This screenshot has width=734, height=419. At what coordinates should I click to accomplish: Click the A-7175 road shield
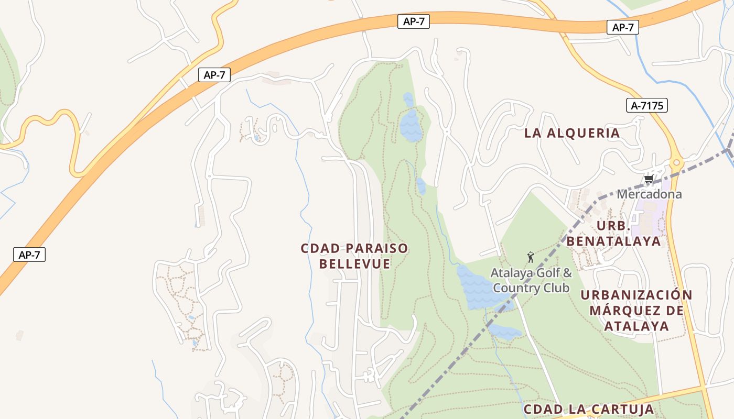point(647,106)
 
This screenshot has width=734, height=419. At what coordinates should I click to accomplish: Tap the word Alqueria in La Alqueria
point(584,133)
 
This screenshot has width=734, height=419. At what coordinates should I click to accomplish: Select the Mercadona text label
point(649,194)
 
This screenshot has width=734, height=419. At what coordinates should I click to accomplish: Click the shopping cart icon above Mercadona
point(649,180)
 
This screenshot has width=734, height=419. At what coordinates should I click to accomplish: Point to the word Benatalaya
point(613,241)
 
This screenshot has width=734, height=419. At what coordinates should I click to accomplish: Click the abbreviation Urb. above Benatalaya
point(613,226)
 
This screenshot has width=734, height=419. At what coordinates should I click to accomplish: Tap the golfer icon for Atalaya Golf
point(531,257)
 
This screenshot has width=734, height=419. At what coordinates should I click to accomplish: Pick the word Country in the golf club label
point(517,288)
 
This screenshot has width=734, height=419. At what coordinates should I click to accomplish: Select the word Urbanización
point(636,295)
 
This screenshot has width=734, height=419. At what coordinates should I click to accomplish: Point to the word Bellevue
point(355,264)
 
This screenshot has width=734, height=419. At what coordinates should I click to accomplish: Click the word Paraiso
point(376,248)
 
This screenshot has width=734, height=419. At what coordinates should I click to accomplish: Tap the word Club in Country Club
point(556,288)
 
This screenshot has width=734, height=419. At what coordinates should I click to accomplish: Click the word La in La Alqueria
point(533,133)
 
